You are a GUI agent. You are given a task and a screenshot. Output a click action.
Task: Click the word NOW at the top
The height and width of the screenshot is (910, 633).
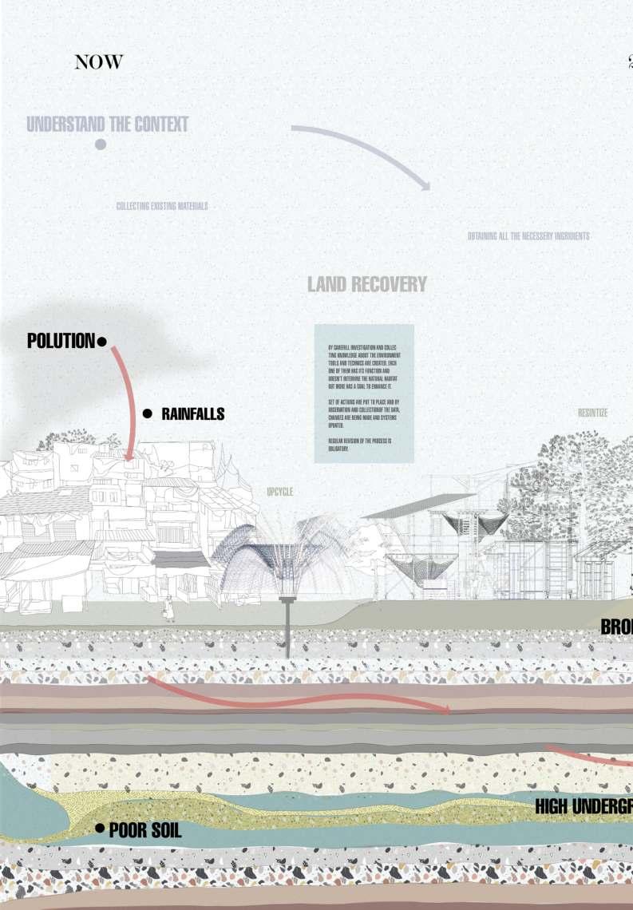99,62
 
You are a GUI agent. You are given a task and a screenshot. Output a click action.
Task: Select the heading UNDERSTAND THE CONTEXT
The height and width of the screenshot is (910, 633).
108,125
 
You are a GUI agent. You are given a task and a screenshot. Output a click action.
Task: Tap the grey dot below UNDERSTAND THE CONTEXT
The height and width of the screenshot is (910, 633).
101,144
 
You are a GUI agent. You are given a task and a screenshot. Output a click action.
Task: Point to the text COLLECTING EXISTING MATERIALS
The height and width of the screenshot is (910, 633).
162,206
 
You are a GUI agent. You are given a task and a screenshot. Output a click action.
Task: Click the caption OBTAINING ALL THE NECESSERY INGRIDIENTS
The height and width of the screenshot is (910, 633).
528,236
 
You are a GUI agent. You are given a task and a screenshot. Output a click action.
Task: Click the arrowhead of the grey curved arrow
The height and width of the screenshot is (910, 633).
425,187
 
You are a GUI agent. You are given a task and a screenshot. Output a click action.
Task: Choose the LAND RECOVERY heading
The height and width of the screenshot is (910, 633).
367,284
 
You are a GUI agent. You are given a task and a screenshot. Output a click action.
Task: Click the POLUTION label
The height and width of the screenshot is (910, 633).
61,341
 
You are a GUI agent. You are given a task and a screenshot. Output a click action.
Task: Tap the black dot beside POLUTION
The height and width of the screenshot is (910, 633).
101,342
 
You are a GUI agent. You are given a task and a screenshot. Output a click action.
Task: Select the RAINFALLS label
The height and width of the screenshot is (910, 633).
192,413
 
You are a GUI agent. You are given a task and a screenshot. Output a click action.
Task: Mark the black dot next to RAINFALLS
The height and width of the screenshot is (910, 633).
147,413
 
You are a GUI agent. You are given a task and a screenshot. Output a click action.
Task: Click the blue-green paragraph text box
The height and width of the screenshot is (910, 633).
364,393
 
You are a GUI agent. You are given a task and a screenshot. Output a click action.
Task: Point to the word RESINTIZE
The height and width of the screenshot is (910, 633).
592,413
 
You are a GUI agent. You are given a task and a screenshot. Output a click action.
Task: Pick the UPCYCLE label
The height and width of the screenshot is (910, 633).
279,492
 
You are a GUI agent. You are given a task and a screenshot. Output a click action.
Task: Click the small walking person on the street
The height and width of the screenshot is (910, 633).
168,609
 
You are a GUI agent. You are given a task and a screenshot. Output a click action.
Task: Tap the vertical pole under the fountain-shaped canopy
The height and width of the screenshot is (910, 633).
287,631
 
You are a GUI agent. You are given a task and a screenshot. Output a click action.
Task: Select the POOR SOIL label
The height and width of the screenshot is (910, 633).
145,830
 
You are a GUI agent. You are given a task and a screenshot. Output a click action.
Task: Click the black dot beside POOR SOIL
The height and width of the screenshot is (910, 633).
100,829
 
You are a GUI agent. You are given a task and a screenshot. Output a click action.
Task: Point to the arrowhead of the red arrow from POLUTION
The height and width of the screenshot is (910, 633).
129,458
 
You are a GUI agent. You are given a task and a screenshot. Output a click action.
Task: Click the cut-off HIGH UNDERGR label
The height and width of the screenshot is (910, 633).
584,807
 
